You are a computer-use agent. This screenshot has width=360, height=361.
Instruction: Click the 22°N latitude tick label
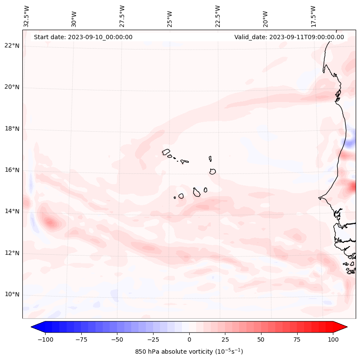click(x=12, y=46)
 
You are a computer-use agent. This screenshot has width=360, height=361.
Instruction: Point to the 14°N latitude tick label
click(x=12, y=211)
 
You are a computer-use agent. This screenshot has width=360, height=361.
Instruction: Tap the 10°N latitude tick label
click(x=12, y=294)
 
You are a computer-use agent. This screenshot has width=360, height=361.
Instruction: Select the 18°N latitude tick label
click(x=12, y=129)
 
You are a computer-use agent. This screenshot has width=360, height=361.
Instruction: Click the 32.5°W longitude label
click(x=27, y=16)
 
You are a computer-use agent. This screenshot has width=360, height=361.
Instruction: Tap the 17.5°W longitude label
click(x=313, y=16)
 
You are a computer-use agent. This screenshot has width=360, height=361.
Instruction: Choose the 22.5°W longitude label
click(x=217, y=16)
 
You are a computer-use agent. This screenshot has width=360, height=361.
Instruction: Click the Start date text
click(x=83, y=37)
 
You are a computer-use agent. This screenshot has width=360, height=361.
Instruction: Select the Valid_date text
click(x=289, y=37)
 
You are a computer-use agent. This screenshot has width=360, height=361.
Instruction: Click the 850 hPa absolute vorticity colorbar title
click(x=189, y=352)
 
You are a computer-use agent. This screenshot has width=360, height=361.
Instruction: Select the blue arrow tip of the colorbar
click(x=35, y=327)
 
